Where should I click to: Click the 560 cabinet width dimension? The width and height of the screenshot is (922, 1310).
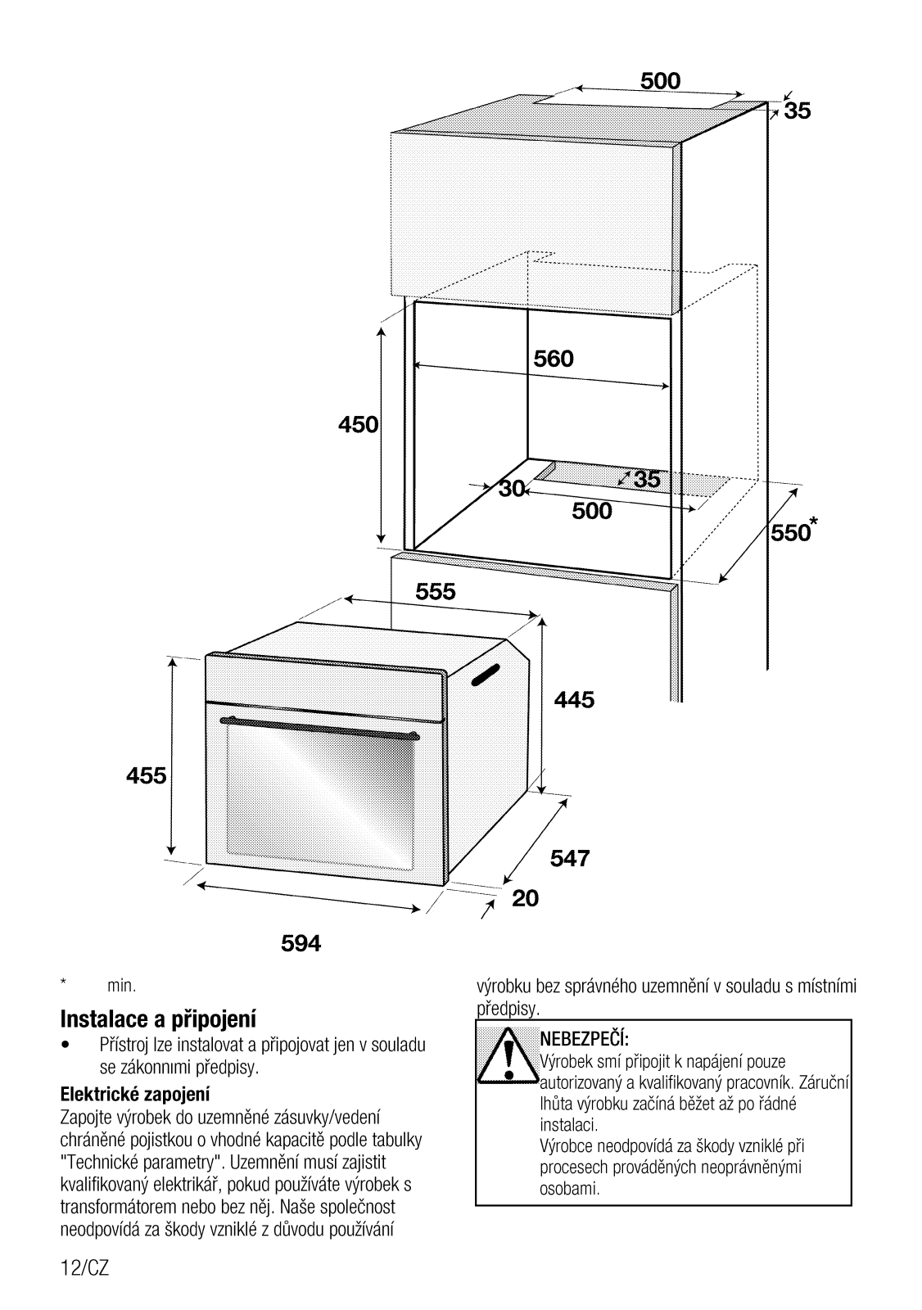tap(554, 359)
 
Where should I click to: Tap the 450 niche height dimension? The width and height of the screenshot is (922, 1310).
tap(358, 425)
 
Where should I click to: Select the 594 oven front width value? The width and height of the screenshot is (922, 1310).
tap(301, 944)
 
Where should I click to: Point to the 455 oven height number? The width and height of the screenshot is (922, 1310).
tap(147, 775)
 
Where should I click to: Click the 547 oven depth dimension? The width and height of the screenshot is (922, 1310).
tap(570, 858)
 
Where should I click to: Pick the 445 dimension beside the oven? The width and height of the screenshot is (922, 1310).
tap(574, 700)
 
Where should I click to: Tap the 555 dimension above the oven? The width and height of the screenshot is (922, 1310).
tap(436, 592)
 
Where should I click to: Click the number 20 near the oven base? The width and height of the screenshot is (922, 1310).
tap(526, 899)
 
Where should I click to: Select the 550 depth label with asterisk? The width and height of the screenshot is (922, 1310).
tap(791, 532)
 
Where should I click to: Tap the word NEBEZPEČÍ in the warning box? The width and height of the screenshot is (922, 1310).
tap(583, 1040)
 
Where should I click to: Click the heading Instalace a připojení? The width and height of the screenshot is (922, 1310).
tap(158, 1019)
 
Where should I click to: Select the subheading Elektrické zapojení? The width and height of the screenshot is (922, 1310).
tap(135, 1094)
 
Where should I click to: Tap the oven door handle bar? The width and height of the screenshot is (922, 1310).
tap(322, 726)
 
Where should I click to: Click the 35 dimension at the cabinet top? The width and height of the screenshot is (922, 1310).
tap(797, 111)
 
